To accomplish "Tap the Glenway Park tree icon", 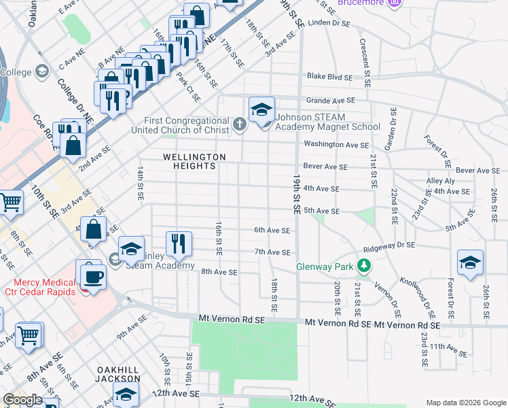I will click(365, 266).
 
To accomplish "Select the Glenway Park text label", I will click(325, 267).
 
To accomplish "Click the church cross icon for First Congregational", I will click(239, 124).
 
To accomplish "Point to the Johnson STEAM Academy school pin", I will click(261, 110).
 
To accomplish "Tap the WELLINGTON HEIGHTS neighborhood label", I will click(194, 162).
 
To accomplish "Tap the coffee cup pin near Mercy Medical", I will click(93, 275).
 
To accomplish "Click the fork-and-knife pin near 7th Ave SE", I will click(179, 243).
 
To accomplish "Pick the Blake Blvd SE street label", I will click(329, 78).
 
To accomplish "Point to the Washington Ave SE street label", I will click(336, 144).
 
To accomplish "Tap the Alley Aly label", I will click(441, 181).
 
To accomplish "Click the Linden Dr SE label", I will click(329, 23).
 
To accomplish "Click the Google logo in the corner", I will click(22, 400).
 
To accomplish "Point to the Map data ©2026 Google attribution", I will click(466, 403).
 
